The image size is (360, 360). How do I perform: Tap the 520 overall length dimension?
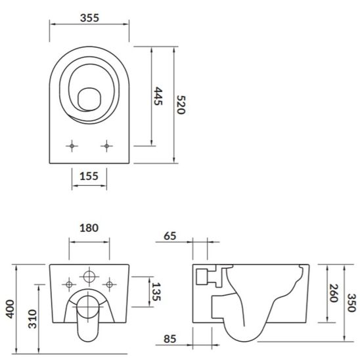181,102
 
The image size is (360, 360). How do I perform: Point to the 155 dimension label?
89,175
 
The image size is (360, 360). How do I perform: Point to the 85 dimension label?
170,340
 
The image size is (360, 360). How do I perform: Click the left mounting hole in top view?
71,145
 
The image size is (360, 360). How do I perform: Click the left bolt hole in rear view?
68,284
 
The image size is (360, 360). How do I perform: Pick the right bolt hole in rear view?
110,284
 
